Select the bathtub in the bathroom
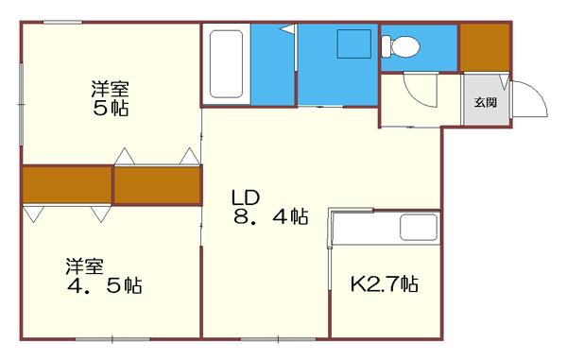[227, 63]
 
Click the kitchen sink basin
[418, 228]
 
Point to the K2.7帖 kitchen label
[385, 283]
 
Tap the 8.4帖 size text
[270, 216]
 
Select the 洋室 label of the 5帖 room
[110, 90]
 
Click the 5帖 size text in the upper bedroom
[110, 108]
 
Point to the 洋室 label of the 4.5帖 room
[84, 266]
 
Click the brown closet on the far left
[66, 185]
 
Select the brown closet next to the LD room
[157, 185]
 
